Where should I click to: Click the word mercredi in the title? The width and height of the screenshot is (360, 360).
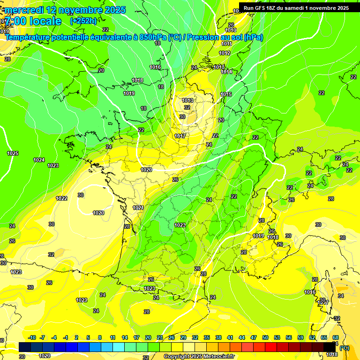[23, 10]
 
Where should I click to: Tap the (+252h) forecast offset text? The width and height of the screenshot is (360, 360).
[83, 21]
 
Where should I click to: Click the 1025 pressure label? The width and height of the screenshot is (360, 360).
[13, 153]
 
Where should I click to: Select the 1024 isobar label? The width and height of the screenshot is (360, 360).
[39, 160]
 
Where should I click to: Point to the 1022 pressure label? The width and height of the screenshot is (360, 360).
[61, 198]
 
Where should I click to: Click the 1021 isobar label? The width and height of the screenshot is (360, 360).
[138, 208]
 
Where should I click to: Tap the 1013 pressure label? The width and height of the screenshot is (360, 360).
[188, 100]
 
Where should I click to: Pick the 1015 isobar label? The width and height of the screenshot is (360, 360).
[226, 94]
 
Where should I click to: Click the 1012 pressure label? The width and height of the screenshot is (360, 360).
[225, 53]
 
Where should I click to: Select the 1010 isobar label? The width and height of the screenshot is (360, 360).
[231, 30]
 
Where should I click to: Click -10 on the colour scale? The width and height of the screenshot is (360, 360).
[32, 337]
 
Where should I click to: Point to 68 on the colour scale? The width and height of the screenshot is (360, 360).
[336, 337]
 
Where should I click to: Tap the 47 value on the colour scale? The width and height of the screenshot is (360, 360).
[253, 337]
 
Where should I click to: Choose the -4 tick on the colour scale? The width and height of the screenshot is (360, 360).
[54, 337]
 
